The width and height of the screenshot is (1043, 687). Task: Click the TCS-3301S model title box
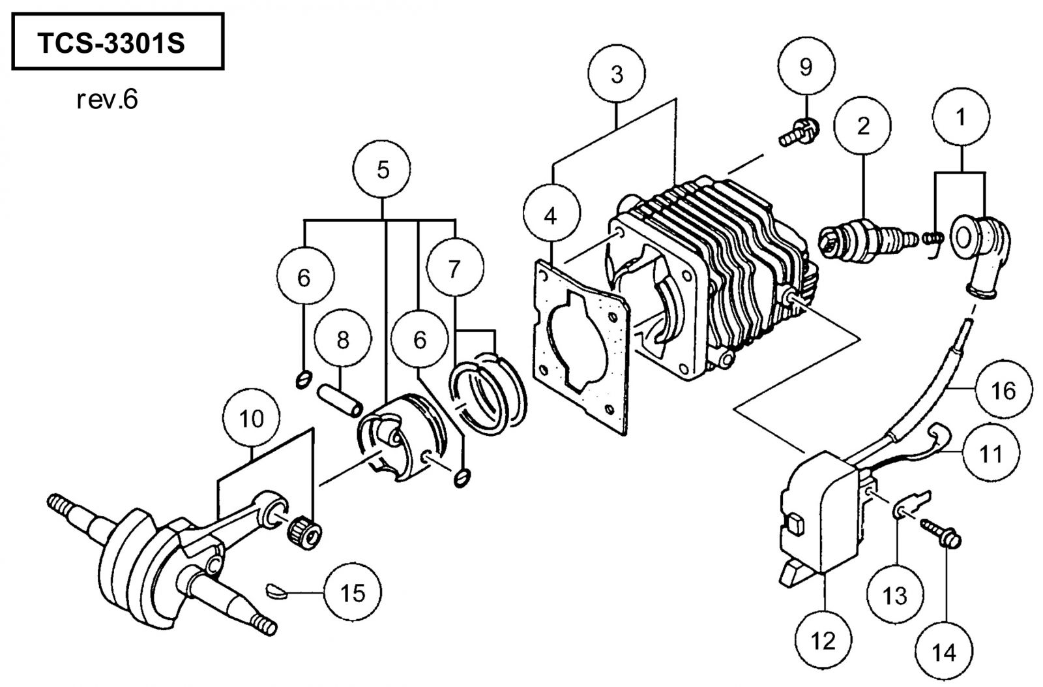pos(118,42)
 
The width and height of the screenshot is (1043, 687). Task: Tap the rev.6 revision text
pos(107,100)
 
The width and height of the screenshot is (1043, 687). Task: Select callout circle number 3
pos(617,74)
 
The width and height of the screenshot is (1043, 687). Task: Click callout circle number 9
pos(806,67)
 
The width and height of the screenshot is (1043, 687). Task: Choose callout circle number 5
pos(382,169)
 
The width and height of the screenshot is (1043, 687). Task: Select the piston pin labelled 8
pos(340,399)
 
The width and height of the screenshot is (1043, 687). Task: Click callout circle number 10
pos(252,418)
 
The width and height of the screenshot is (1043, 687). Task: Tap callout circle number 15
pos(353,592)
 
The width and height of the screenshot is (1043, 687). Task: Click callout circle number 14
pos(944,650)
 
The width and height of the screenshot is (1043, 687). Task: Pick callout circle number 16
pos(1003,389)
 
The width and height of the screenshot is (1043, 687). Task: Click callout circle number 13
pos(895,595)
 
